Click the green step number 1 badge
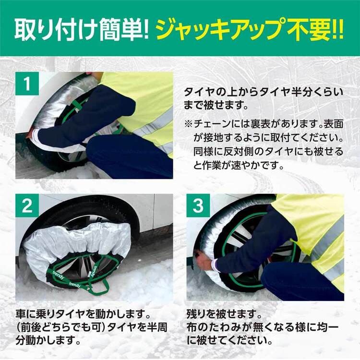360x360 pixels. coord(27,84)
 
